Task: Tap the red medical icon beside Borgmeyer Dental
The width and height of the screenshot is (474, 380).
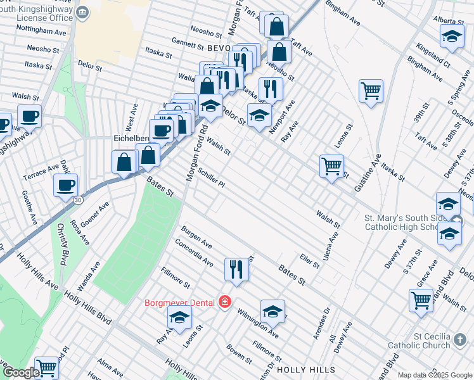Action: click(224, 301)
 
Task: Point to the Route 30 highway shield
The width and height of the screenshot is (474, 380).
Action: click(77, 199)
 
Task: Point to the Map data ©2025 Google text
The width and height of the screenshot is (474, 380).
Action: click(435, 375)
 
